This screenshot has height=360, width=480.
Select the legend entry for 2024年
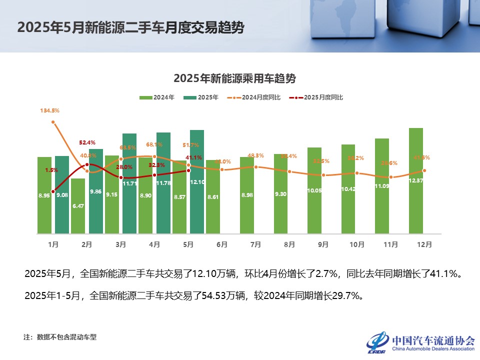[156, 97]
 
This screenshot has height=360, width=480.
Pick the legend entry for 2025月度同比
[318, 97]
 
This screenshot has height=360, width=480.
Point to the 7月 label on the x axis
[255, 244]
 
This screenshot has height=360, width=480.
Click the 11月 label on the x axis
[390, 244]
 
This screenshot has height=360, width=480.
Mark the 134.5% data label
[50, 110]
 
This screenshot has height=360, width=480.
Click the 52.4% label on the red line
[87, 143]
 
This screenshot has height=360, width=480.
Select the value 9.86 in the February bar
[95, 191]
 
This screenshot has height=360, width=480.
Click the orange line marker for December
[424, 171]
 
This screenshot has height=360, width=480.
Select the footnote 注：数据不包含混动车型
[60, 337]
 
